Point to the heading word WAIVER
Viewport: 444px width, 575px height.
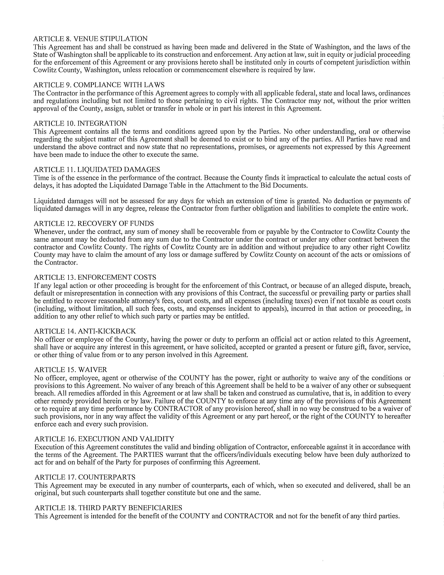coord(93,370)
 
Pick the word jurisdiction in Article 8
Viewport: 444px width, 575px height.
coord(374,62)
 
